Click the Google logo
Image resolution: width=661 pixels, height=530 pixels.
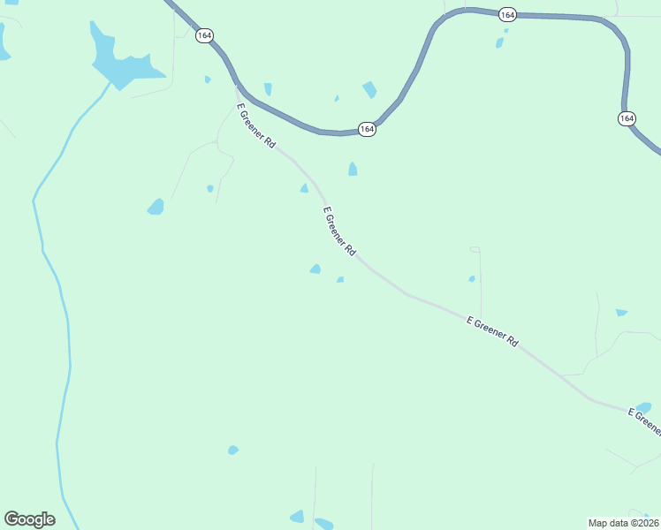coord(29,519)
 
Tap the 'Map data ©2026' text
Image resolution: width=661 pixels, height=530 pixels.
coord(623,523)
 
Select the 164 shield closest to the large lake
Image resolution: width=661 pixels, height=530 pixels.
coord(204,35)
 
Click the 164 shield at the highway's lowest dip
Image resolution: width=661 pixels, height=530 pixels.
coord(368,129)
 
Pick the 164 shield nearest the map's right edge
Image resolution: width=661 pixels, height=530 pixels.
coord(627,117)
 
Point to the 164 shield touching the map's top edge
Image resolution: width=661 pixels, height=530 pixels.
coord(506,14)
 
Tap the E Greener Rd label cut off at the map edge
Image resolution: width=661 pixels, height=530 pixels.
coord(645,421)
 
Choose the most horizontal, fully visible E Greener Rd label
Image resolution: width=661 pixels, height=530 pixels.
coord(492,330)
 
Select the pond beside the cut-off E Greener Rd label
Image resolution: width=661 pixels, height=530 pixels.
coord(643,407)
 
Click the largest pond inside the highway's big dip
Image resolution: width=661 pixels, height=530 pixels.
coord(369,89)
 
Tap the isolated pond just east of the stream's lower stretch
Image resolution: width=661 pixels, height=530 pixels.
coord(232,450)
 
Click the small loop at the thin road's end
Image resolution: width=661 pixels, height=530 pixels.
coord(475,250)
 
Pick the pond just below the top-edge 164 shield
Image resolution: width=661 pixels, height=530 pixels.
coord(500,42)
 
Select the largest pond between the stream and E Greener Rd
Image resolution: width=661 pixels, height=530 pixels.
coord(156,207)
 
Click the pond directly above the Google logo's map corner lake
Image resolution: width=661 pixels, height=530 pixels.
coord(232,450)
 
